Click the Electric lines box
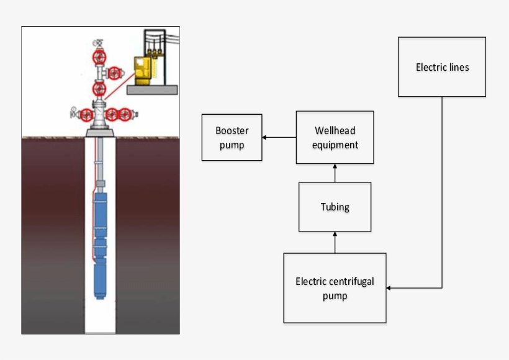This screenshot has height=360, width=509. coord(441,67)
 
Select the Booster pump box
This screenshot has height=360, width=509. coord(232,138)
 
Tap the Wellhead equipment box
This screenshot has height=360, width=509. coord(335,137)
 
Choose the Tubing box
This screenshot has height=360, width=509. coord(335,207)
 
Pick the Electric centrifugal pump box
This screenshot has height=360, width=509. coord(335,288)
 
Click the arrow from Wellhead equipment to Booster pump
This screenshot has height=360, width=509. coord(279,137)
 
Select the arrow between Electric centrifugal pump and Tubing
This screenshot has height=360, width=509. coord(335,242)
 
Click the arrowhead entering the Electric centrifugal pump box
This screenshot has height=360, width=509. coord(390,288)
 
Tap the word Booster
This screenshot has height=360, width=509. coord(232,131)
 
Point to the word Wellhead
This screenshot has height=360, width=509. coord(335,131)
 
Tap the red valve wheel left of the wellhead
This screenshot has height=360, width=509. coord(84,114)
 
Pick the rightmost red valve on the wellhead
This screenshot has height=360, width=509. coord(126,114)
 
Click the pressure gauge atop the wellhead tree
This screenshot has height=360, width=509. coord(97,43)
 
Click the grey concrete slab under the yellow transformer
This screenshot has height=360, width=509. coord(152,89)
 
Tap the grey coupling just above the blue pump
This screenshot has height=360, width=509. coord(101,184)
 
